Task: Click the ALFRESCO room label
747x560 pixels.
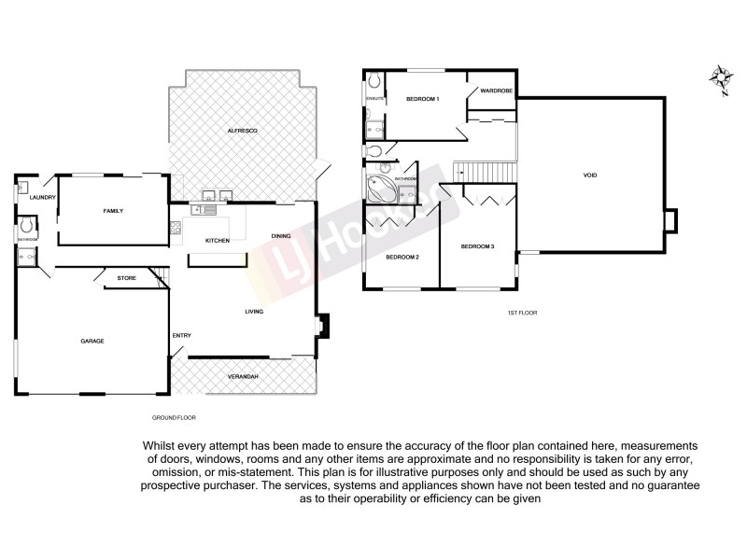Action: (x=242, y=132)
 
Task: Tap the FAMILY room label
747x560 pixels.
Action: (x=113, y=211)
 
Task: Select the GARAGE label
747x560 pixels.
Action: (x=92, y=342)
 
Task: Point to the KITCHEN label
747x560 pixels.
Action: (x=218, y=242)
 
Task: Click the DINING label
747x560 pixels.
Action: (x=281, y=235)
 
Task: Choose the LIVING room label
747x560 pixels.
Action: (x=255, y=312)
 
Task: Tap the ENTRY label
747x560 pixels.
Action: (x=181, y=335)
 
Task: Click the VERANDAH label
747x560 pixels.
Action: (x=242, y=377)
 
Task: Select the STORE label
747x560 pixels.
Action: (x=127, y=278)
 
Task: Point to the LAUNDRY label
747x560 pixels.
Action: (x=42, y=198)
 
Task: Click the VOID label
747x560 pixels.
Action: (x=590, y=175)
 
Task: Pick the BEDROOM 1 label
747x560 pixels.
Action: (x=423, y=99)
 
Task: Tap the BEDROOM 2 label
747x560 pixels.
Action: (x=403, y=257)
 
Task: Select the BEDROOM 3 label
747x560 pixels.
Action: (x=477, y=246)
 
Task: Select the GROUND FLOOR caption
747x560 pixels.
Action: (x=174, y=417)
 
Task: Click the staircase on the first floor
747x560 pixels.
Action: (x=485, y=173)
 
